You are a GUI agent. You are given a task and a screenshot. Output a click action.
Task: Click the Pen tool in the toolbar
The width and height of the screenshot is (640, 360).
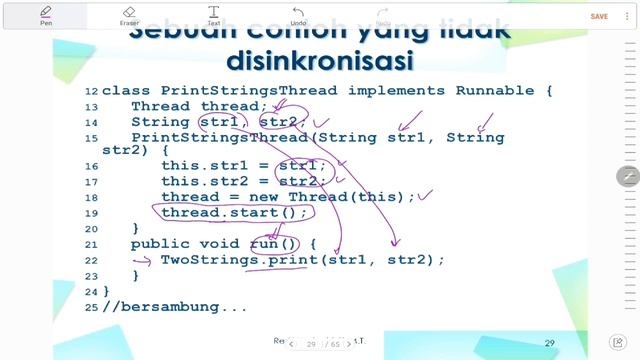46,14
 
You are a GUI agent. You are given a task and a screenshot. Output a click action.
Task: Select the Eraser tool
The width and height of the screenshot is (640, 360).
129,14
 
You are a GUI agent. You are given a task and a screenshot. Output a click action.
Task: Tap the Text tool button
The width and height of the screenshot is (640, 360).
213,14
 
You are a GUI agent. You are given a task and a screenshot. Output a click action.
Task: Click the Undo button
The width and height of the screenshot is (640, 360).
298,14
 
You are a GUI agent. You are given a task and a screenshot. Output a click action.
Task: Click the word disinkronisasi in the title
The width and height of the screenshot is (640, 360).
319,61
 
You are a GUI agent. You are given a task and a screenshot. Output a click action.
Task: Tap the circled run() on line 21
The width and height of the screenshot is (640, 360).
274,244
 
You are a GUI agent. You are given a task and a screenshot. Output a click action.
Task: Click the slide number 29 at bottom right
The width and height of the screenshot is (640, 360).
550,342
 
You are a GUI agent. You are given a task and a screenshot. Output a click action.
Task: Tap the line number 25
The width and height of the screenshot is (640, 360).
92,306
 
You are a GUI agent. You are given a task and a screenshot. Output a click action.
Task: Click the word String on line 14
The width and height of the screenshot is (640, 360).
160,121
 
